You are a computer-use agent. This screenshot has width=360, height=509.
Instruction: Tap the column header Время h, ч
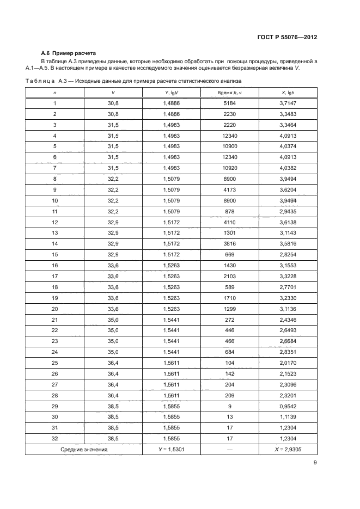(x=229, y=93)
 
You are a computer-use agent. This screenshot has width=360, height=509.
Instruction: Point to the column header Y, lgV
(x=171, y=93)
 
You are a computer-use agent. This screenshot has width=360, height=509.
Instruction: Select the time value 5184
(x=229, y=103)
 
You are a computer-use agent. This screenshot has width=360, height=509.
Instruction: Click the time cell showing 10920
(x=229, y=168)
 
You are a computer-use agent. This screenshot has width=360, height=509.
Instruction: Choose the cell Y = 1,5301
(x=171, y=450)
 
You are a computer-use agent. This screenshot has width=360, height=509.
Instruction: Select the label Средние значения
(x=84, y=450)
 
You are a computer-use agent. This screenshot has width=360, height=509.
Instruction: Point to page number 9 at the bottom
(x=315, y=463)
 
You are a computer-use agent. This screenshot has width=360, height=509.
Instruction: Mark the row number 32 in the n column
(x=54, y=438)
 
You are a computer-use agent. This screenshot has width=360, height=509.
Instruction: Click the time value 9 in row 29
(x=229, y=406)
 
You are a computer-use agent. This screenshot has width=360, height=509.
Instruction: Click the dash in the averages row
(x=229, y=450)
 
